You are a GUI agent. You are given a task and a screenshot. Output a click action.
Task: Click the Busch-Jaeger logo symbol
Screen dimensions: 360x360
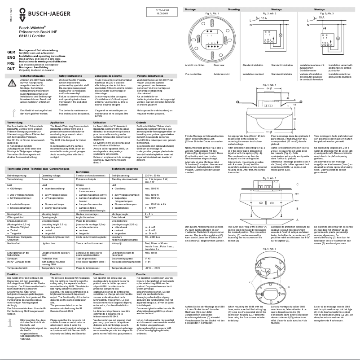pos(22,14)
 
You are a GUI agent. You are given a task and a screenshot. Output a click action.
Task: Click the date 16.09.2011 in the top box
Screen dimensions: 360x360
pos(162,13)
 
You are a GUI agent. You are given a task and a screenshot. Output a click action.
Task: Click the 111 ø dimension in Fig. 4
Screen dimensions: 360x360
pos(268,132)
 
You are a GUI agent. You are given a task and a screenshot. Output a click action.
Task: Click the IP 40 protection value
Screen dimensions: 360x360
pos(148,259)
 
